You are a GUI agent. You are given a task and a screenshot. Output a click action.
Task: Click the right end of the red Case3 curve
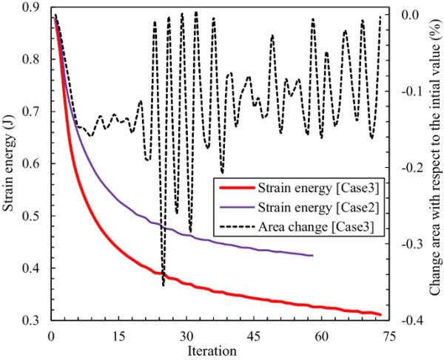pyautogui.click(x=380, y=314)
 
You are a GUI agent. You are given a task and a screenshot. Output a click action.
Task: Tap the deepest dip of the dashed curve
pyautogui.click(x=164, y=285)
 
